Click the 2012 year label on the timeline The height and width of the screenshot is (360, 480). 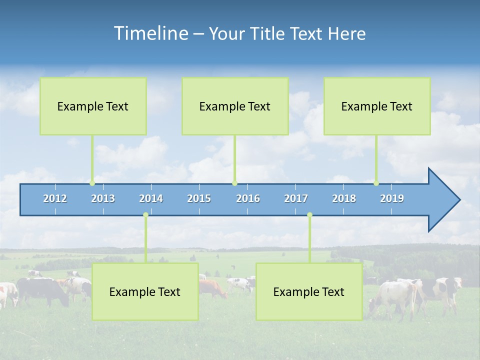point(55,198)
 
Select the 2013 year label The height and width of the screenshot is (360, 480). point(103,198)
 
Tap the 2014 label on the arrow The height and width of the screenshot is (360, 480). point(151,198)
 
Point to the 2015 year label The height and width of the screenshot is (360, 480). point(199,198)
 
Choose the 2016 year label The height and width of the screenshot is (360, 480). point(248,198)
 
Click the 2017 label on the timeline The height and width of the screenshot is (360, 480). point(296,198)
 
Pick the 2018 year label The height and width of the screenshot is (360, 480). point(344,198)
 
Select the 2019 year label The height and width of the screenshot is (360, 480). point(392,198)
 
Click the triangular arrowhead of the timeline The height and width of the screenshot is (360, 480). point(442,200)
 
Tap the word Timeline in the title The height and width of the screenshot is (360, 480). point(150,33)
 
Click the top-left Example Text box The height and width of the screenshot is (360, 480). point(93,106)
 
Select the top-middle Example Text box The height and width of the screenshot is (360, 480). point(235,106)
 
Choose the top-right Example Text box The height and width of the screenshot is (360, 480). point(377,106)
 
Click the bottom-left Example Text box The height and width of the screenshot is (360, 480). point(145,291)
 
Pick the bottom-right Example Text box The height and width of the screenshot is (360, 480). point(309,291)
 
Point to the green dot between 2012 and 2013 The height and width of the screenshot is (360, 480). point(92,183)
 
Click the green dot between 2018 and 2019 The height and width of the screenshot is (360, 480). point(376,183)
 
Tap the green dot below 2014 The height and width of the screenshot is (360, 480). point(145,215)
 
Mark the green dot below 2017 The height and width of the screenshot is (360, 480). point(309,215)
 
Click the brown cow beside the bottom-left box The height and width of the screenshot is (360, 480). point(212,288)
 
